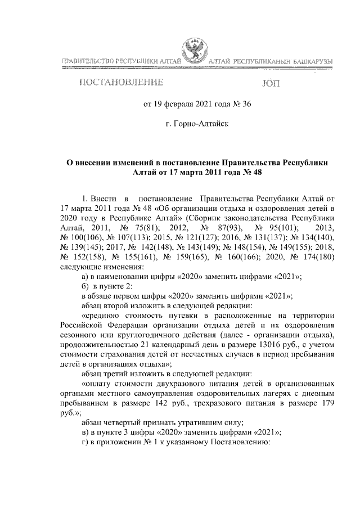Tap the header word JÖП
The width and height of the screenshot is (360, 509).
tap(270, 83)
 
